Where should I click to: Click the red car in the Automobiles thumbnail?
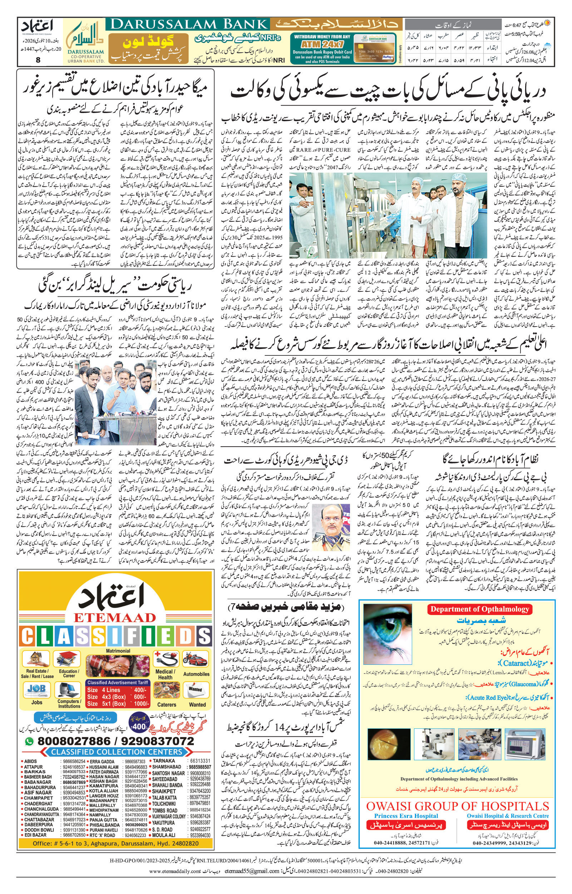[x=195, y=660]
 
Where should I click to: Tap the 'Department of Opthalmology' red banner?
[x=479, y=609]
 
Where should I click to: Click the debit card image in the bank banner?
[x=375, y=48]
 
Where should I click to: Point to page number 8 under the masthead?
[x=38, y=60]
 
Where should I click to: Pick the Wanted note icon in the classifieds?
[x=195, y=689]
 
